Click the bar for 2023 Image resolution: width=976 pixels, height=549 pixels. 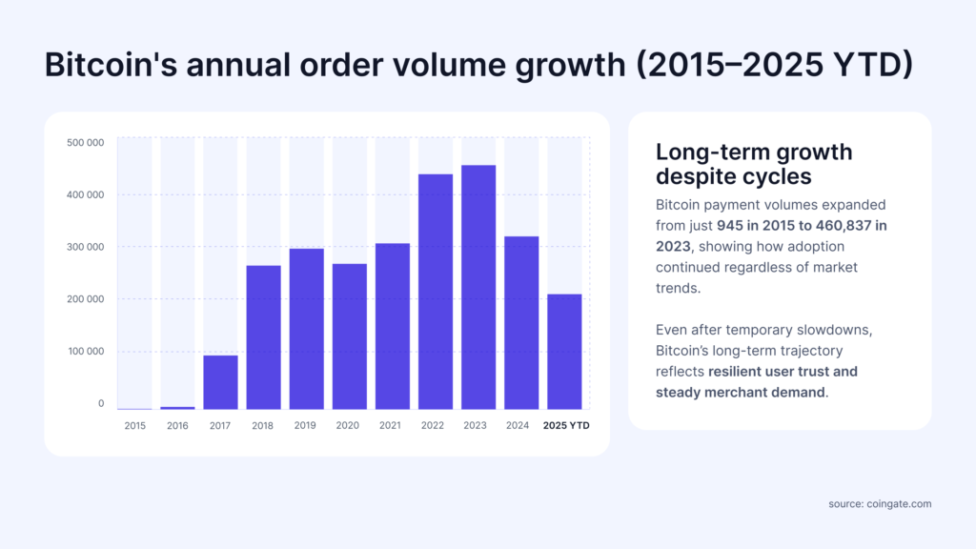pyautogui.click(x=478, y=287)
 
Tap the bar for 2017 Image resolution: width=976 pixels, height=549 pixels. pyautogui.click(x=220, y=382)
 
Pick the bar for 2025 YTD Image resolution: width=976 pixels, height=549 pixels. pyautogui.click(x=564, y=352)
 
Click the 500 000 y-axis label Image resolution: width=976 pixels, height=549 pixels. pyautogui.click(x=86, y=143)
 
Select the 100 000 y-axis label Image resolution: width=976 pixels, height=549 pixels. pyautogui.click(x=86, y=352)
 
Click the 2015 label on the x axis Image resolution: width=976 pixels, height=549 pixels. pyautogui.click(x=135, y=426)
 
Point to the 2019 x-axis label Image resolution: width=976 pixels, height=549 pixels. pyautogui.click(x=306, y=426)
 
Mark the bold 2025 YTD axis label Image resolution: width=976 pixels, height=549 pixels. pyautogui.click(x=565, y=426)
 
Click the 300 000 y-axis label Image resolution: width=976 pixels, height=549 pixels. pyautogui.click(x=86, y=247)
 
